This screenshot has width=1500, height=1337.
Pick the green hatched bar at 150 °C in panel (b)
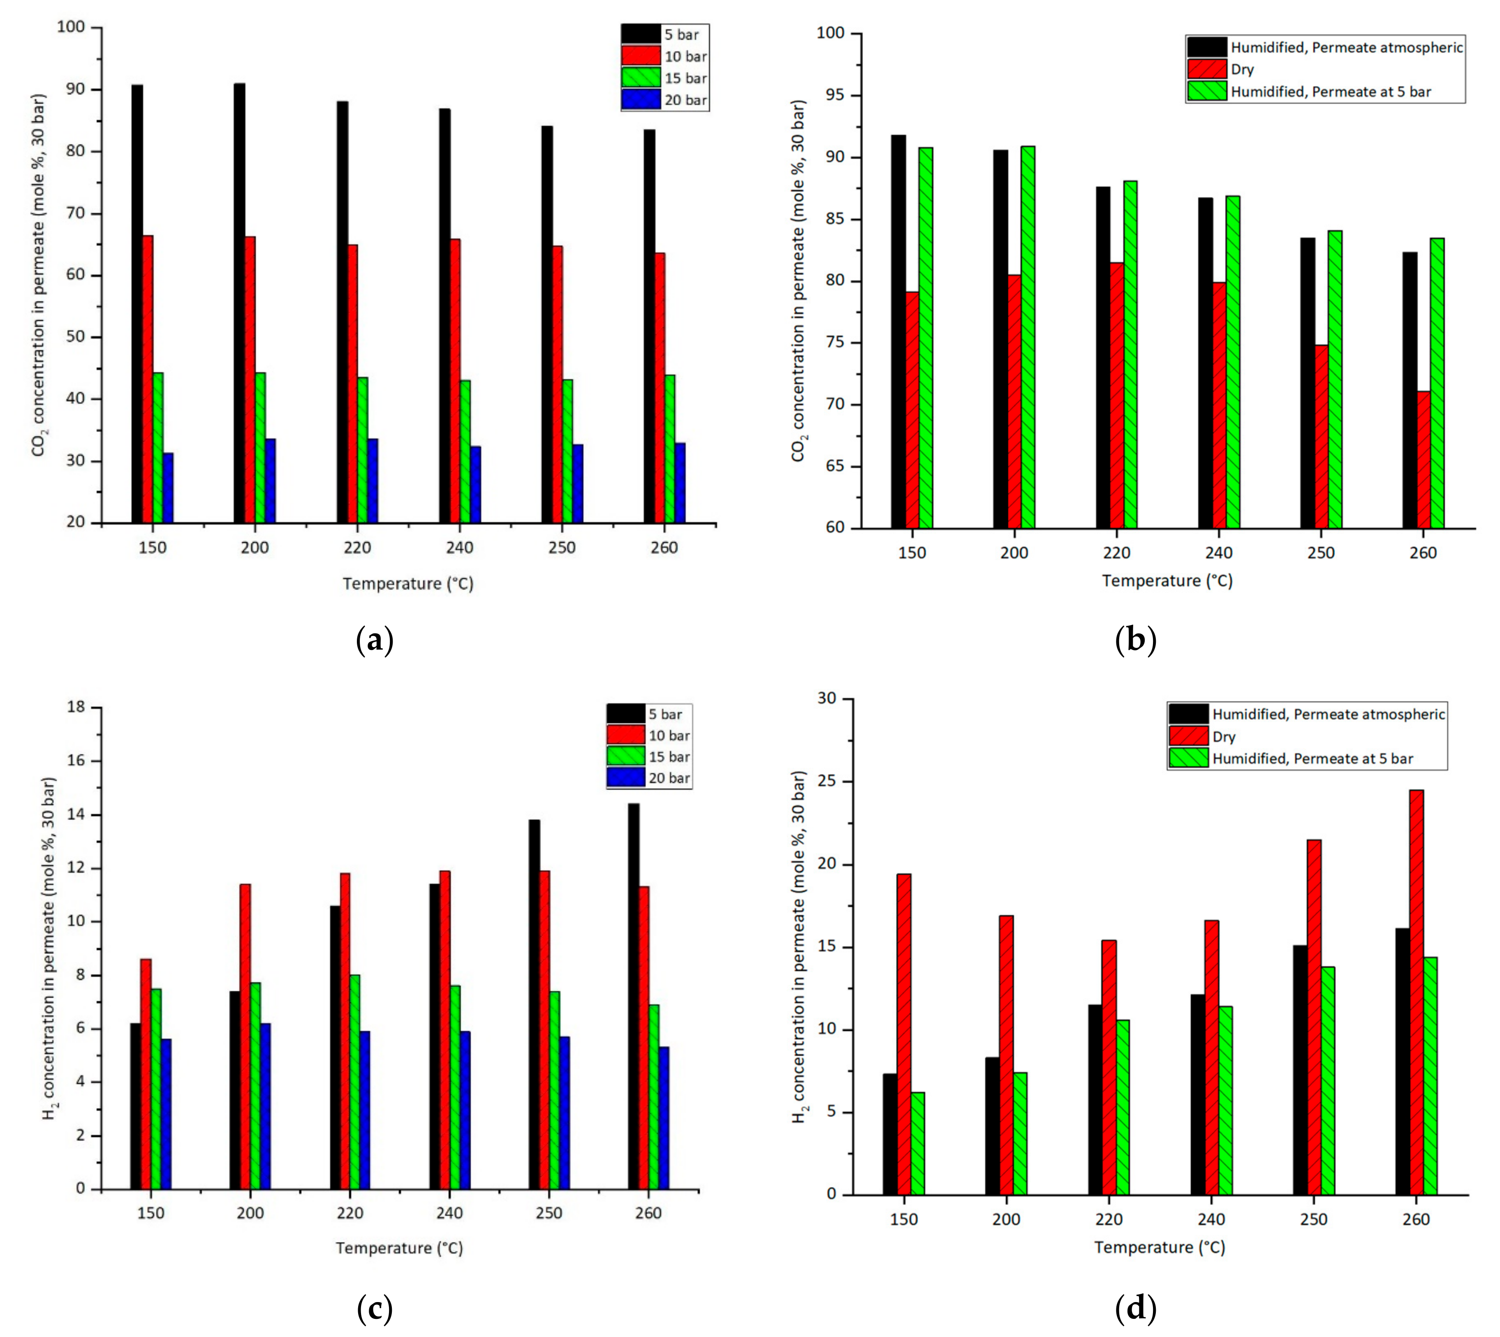point(926,338)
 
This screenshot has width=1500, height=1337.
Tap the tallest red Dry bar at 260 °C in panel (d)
point(1416,992)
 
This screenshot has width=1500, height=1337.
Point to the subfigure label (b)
point(1136,639)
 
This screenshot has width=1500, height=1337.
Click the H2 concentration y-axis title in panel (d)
point(799,948)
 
